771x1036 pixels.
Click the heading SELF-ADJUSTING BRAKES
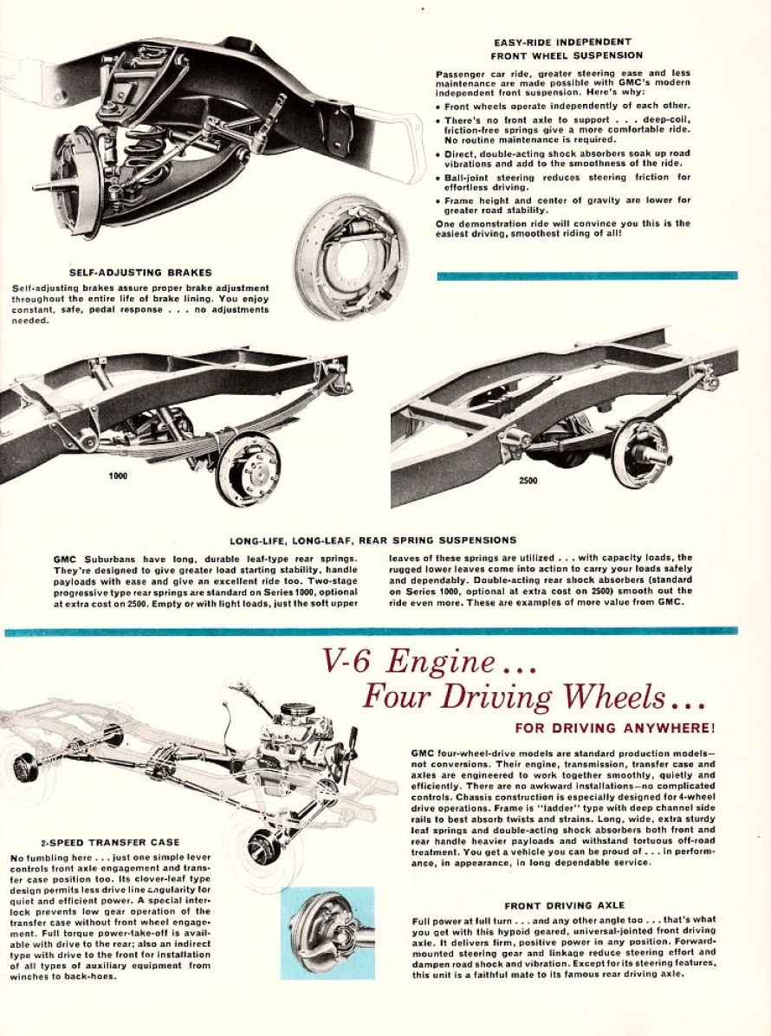[140, 273]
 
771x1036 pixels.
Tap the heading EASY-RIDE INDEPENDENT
[562, 42]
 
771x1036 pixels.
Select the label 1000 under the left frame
[119, 474]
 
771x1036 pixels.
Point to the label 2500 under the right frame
[528, 481]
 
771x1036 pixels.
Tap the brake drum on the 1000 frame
[248, 469]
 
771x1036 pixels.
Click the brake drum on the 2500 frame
[640, 452]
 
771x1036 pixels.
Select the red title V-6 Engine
[421, 663]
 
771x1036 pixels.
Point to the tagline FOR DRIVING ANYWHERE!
[615, 728]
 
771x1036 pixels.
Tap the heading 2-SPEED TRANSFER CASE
[110, 842]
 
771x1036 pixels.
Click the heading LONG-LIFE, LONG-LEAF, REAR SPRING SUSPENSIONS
[373, 540]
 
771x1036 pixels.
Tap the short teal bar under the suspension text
[586, 275]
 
